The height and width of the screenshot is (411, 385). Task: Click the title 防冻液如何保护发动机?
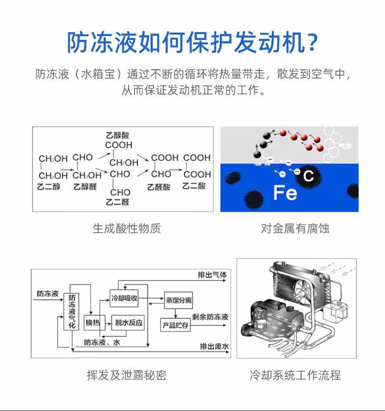(192, 42)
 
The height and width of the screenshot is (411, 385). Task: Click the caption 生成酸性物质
(127, 228)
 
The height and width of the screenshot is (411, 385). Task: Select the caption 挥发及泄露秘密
(127, 374)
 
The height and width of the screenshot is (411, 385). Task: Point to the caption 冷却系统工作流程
(295, 374)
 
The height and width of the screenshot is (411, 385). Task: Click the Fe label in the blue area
(285, 193)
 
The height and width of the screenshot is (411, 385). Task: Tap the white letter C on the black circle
(308, 176)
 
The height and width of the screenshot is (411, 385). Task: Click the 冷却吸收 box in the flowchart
(125, 298)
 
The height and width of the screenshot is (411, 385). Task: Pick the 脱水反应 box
(128, 322)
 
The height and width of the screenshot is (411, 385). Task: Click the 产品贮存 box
(175, 325)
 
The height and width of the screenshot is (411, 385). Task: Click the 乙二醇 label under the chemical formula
(49, 186)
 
